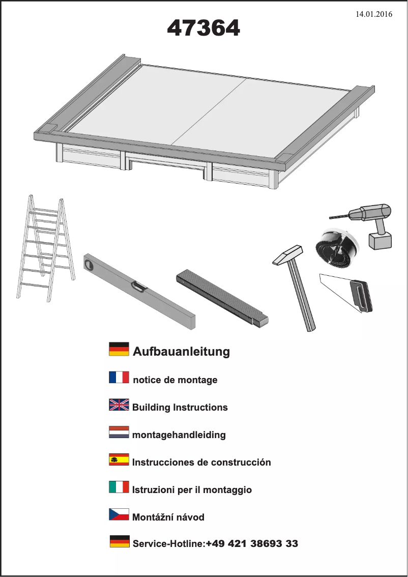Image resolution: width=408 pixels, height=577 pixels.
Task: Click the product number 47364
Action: pos(203,29)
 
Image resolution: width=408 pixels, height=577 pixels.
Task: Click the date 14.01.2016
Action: pos(374,14)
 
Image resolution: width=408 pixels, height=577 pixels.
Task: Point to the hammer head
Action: pos(288,254)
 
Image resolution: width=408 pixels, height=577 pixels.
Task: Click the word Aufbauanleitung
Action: pos(181,352)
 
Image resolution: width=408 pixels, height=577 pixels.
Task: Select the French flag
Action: pos(119,377)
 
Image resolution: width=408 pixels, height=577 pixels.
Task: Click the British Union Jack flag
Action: pos(119,405)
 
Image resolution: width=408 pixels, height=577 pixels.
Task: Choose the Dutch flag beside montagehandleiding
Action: pos(119,432)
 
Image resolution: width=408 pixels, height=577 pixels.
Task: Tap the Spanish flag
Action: pos(119,459)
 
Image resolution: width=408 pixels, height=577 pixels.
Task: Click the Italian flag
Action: pos(119,487)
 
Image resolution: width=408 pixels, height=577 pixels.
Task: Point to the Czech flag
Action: pos(119,514)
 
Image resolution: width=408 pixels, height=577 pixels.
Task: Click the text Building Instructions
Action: pos(180,408)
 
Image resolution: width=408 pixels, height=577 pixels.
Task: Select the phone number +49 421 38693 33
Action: pos(252,544)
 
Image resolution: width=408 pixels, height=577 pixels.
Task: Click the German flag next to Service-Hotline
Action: pos(120,541)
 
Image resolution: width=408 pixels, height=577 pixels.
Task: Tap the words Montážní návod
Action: pos(168,517)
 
